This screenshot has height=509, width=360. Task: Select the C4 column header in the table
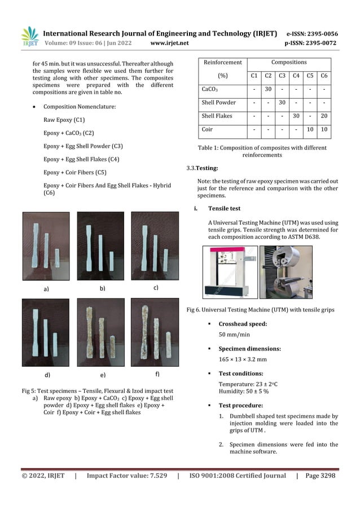point(296,76)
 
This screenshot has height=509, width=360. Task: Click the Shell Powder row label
point(219,103)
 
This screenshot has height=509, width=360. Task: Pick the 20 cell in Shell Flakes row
point(324,116)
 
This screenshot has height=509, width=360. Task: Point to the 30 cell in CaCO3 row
point(269,89)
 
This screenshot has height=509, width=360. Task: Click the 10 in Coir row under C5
point(310,130)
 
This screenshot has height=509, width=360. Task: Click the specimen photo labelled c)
point(155,245)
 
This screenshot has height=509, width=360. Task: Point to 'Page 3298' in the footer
point(320,476)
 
